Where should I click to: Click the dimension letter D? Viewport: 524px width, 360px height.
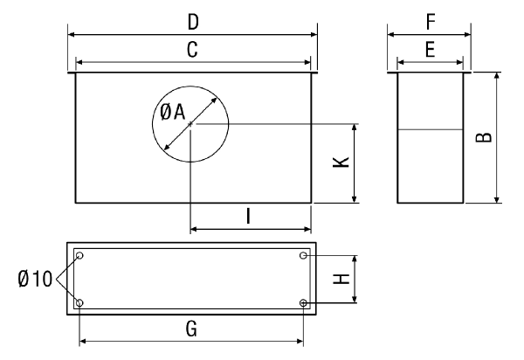click(193, 22)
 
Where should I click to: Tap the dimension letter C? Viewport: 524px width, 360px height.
click(192, 50)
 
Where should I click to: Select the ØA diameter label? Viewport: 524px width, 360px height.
click(172, 112)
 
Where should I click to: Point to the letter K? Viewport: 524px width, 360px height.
click(341, 163)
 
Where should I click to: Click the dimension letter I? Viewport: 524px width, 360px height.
click(248, 216)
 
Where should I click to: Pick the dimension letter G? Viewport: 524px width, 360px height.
click(191, 329)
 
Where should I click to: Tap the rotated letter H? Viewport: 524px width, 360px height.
click(341, 279)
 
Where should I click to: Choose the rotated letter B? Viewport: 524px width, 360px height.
click(484, 137)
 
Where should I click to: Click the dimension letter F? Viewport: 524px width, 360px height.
click(431, 22)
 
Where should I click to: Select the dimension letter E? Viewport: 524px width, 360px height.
click(430, 50)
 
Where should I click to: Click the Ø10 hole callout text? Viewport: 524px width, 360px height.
click(35, 279)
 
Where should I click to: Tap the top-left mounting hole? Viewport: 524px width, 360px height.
click(79, 256)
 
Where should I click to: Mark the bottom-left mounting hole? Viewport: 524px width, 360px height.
click(79, 303)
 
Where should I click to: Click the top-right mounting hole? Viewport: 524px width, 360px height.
click(303, 256)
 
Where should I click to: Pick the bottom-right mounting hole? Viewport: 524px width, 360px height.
click(303, 303)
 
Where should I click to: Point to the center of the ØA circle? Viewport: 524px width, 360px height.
click(190, 124)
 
